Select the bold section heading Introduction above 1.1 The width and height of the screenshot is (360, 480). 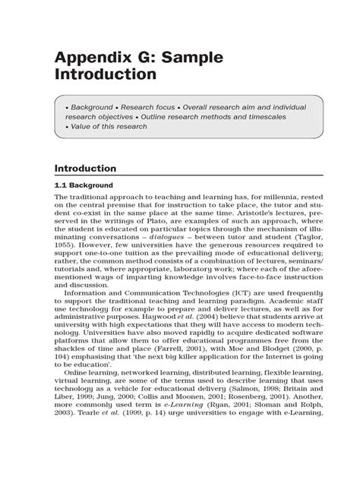84,168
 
